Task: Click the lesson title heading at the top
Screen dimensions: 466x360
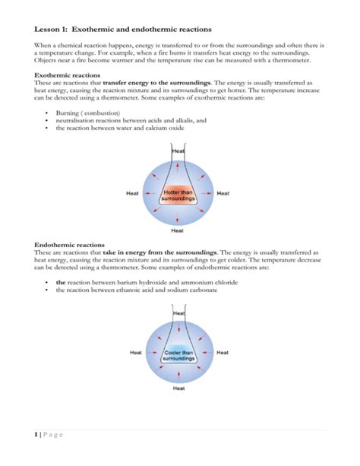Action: [x=123, y=29]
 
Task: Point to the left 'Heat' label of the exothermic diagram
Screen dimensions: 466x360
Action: [x=132, y=194]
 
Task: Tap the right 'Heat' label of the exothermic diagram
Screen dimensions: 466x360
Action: [x=223, y=194]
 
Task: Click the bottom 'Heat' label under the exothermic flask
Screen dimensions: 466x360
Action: [x=178, y=230]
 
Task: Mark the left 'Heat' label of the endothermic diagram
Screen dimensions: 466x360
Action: [x=136, y=352]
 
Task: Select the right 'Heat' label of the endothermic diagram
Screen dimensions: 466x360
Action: [x=223, y=352]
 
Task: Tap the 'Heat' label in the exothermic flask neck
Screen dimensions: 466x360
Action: [x=178, y=151]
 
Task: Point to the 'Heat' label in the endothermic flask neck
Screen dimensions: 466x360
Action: [x=178, y=312]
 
